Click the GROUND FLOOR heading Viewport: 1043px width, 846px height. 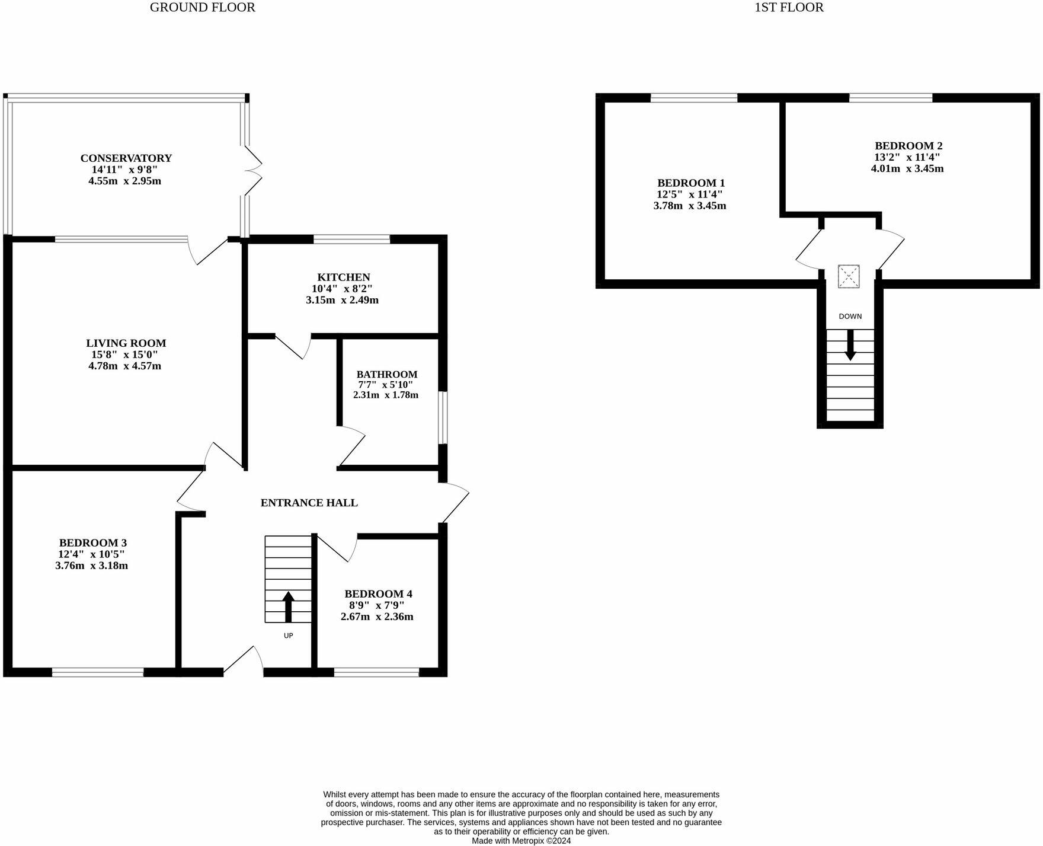202,8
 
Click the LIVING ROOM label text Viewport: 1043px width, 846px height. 126,343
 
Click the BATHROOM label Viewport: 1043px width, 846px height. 386,375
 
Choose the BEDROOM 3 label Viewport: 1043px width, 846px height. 92,543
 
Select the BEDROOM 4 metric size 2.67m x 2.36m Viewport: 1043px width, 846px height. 377,617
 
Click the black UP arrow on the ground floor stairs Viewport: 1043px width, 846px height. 289,605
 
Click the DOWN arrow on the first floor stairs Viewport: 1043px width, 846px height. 850,346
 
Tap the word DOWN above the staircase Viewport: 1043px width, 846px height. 850,317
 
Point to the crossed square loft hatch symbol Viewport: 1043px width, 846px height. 849,276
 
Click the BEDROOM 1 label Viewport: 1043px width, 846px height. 690,183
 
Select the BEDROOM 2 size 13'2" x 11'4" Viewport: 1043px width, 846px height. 908,158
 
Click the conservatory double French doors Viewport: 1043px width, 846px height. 254,170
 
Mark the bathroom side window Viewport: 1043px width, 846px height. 443,417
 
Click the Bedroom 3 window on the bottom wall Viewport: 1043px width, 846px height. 98,672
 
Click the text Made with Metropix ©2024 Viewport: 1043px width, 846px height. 521,841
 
